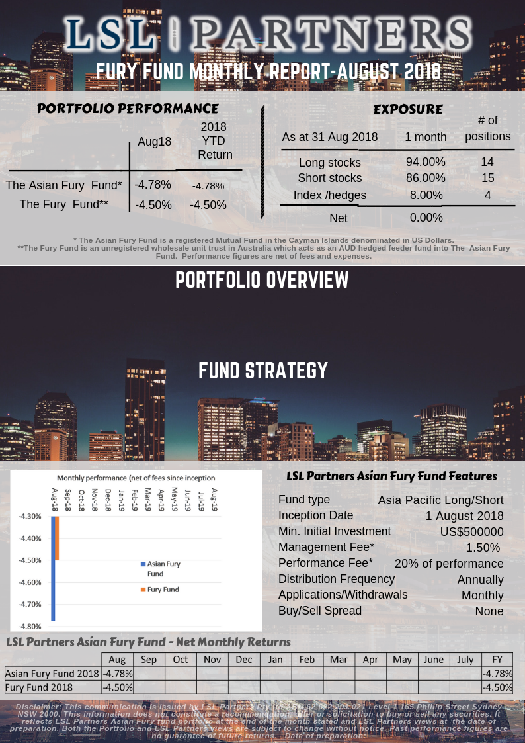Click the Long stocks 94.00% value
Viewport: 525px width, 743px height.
(x=425, y=162)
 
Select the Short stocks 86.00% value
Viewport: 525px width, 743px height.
(x=425, y=178)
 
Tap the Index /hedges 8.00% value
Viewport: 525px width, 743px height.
(x=425, y=195)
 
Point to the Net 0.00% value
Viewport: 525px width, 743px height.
(x=425, y=218)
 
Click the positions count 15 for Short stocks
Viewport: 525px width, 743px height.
(x=487, y=178)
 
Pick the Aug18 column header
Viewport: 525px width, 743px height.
(x=154, y=141)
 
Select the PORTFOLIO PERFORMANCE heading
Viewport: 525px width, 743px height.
(x=128, y=109)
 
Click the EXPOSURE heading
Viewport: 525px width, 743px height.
(x=408, y=109)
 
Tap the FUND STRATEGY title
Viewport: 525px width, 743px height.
(x=263, y=371)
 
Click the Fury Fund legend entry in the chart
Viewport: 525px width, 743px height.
(x=163, y=589)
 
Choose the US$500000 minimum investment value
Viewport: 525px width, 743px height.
(x=471, y=532)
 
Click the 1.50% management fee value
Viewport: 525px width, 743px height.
(x=482, y=548)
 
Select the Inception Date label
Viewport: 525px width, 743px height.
(x=315, y=515)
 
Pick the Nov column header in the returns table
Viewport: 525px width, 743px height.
(x=212, y=660)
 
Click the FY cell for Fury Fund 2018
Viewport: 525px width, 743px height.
(x=497, y=687)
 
